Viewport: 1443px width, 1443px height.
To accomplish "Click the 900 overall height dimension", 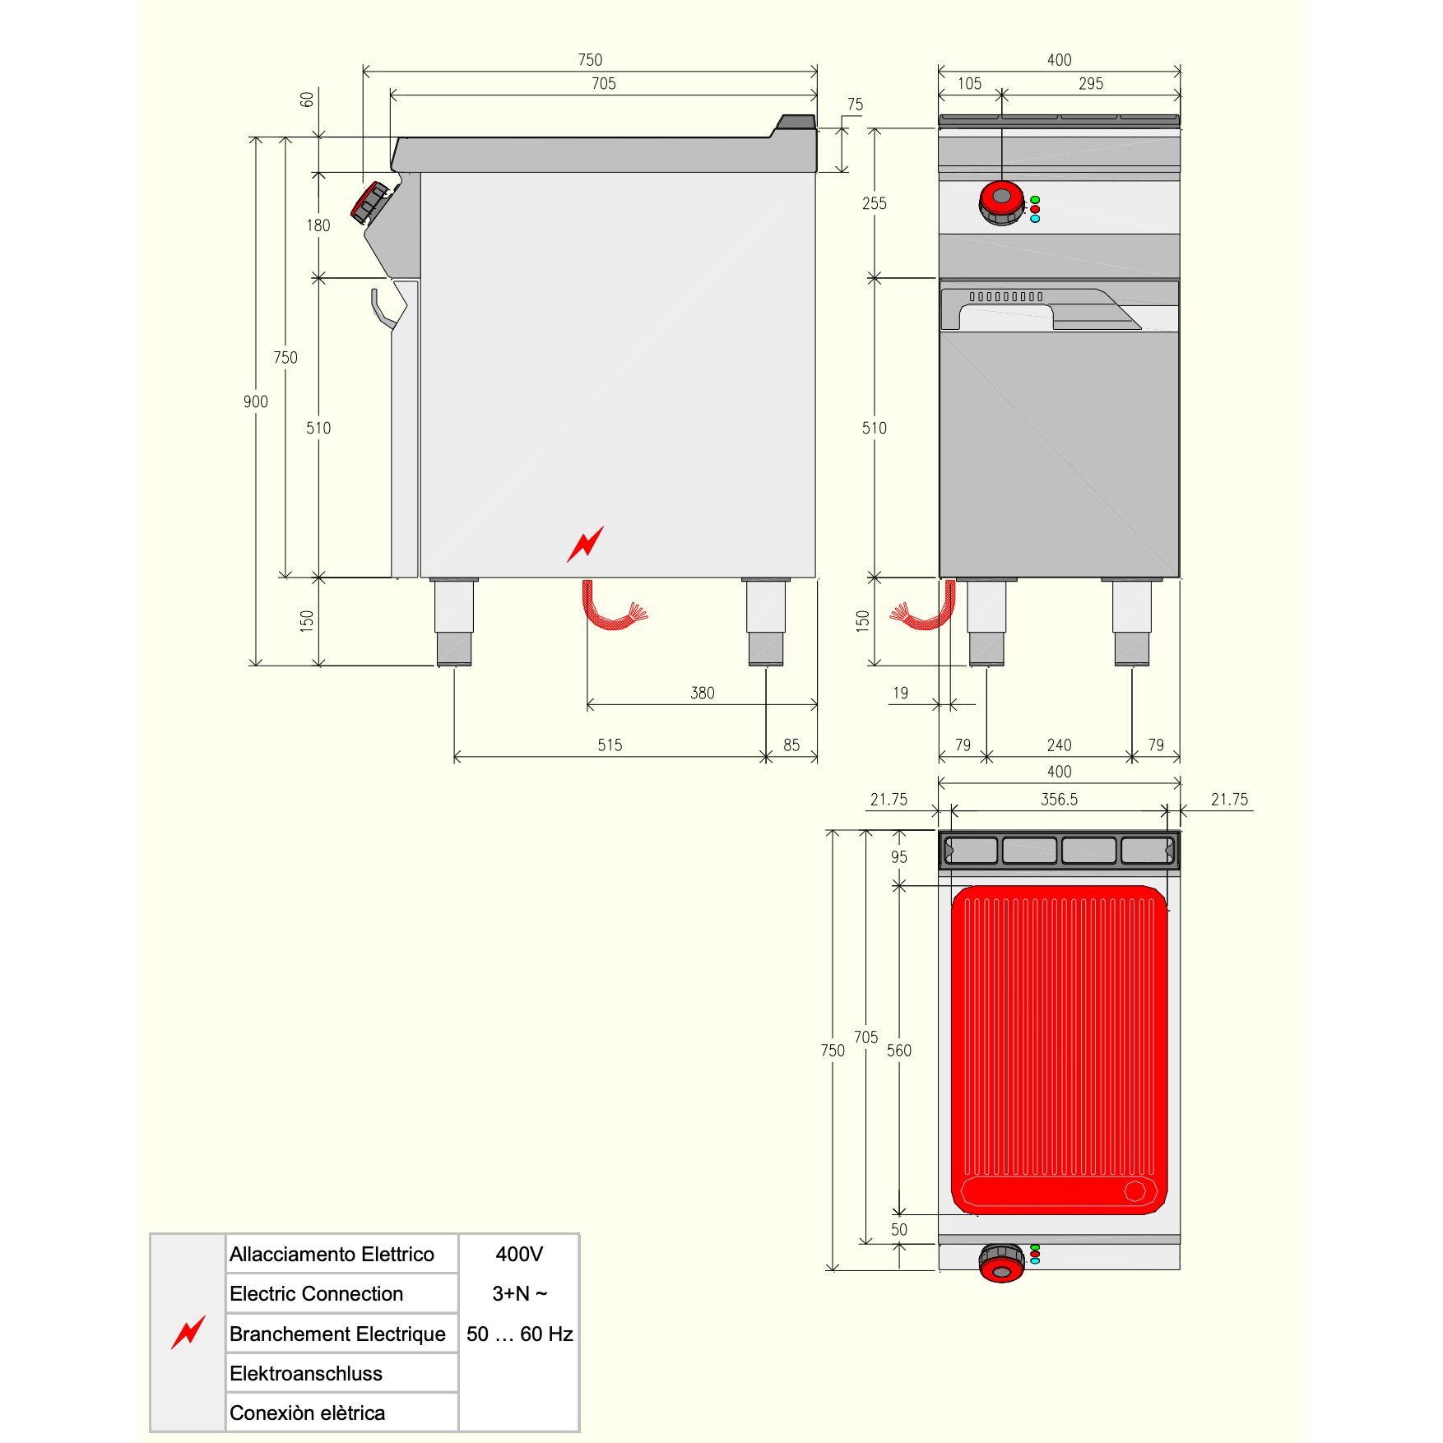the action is click(256, 401).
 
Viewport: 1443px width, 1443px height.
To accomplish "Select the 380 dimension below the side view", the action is click(703, 693).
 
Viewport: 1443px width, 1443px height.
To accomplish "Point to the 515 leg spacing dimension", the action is click(610, 745).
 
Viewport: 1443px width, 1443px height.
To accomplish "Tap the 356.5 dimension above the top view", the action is click(1059, 799).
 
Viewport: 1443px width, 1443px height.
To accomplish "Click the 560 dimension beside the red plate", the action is click(899, 1051).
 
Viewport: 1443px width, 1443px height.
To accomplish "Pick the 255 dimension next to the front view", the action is click(875, 203).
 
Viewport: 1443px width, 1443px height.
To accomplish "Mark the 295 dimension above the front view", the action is click(1091, 83).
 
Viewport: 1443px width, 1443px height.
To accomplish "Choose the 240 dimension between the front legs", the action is click(1059, 745).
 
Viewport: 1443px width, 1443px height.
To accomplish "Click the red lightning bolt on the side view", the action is click(585, 544).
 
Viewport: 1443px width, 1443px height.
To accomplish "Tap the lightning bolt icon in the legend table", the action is click(188, 1332).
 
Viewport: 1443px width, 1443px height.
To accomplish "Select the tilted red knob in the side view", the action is click(369, 202).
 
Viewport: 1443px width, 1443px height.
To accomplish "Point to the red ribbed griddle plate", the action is click(1060, 1050).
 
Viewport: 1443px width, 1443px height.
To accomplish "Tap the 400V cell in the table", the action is click(519, 1254).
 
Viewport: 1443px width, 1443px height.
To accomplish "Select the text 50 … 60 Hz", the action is click(519, 1334).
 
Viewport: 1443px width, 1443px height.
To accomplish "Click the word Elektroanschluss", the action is click(306, 1373).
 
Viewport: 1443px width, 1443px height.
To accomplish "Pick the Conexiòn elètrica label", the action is click(307, 1413).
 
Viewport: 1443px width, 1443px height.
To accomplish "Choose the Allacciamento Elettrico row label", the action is click(332, 1254).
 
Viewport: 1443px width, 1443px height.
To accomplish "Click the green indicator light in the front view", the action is click(1035, 200).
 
